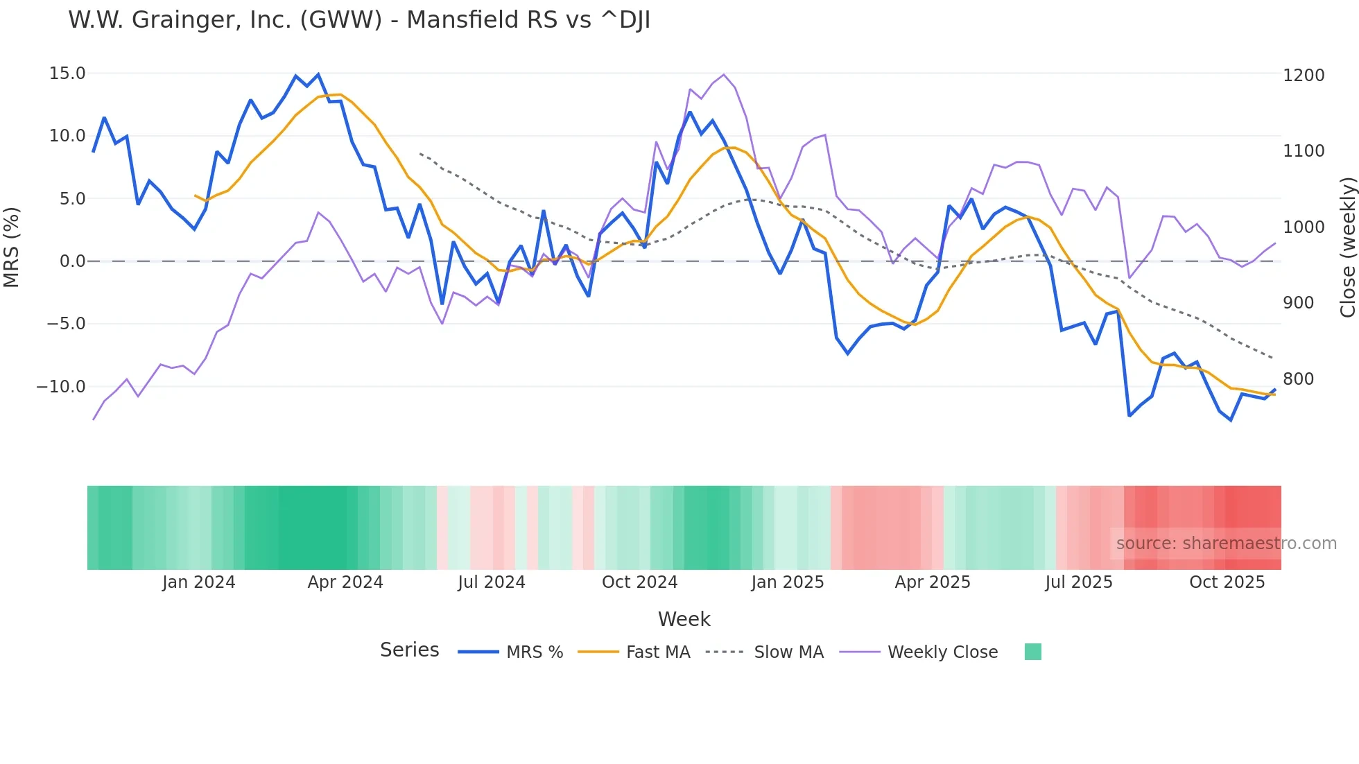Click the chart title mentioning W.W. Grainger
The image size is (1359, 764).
click(x=359, y=20)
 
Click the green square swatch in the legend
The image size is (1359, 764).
click(x=1032, y=652)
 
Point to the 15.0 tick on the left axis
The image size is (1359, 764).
click(x=67, y=73)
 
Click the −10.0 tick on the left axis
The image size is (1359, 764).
click(x=61, y=387)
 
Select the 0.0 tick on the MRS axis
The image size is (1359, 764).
click(x=72, y=261)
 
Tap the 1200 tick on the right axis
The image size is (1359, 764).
click(x=1303, y=75)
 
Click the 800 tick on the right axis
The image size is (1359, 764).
click(x=1298, y=379)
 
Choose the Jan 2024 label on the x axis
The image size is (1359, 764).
click(x=198, y=582)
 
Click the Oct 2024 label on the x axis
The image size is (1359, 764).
click(x=639, y=582)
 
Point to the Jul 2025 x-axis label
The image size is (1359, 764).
click(x=1078, y=582)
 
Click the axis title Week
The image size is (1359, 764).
click(x=684, y=619)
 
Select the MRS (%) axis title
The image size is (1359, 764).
click(x=12, y=247)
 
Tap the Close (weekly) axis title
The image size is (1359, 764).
click(x=1347, y=247)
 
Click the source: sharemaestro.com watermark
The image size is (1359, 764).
click(x=1226, y=544)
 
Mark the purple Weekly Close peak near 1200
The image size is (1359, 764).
click(x=724, y=75)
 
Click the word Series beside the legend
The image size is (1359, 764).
click(x=409, y=650)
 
